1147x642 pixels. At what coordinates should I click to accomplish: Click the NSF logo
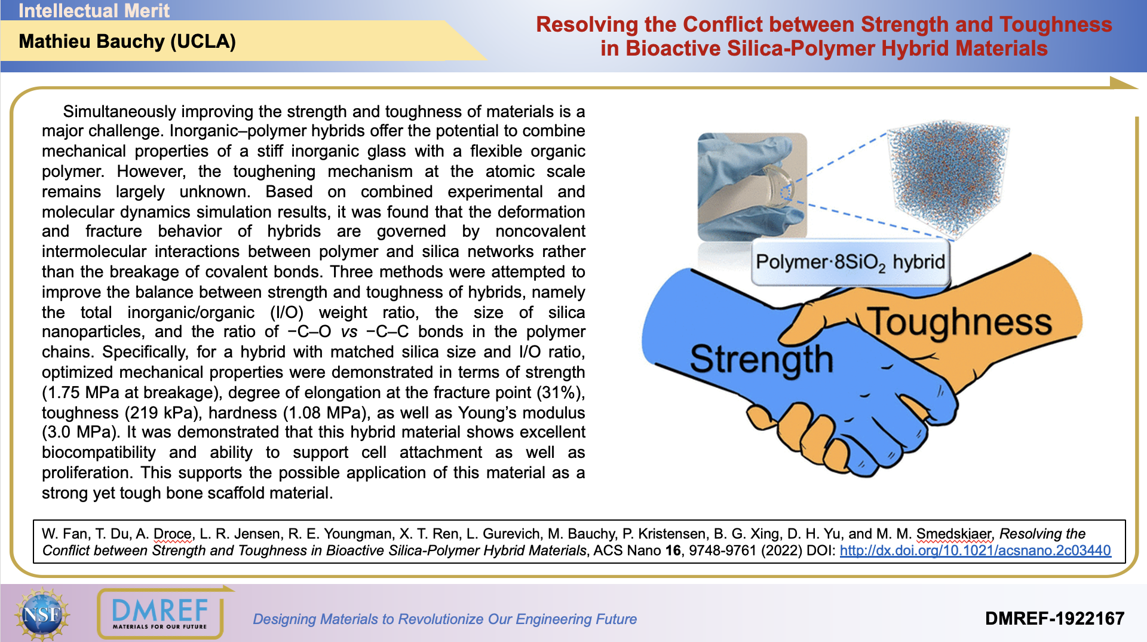pyautogui.click(x=42, y=613)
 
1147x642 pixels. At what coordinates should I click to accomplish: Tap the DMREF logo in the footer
pyautogui.click(x=160, y=614)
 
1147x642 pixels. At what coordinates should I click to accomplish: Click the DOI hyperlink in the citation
pyautogui.click(x=975, y=551)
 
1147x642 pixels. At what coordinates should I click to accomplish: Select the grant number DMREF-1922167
pyautogui.click(x=1054, y=619)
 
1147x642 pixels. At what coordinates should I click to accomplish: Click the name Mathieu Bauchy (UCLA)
pyautogui.click(x=127, y=42)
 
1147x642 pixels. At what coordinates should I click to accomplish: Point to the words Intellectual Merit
pyautogui.click(x=94, y=11)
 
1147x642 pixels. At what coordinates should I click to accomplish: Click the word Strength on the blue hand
pyautogui.click(x=761, y=360)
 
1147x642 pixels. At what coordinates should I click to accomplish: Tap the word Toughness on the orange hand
pyautogui.click(x=959, y=322)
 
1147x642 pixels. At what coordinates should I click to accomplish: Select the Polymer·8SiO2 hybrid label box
pyautogui.click(x=850, y=262)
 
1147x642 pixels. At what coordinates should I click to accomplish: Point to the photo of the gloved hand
pyautogui.click(x=752, y=187)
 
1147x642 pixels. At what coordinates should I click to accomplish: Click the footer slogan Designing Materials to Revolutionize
pyautogui.click(x=444, y=619)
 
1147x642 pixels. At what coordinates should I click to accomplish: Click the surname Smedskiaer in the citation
pyautogui.click(x=953, y=534)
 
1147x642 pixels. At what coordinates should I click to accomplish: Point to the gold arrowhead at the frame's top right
pyautogui.click(x=1123, y=82)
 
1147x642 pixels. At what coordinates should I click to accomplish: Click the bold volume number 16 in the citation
pyautogui.click(x=673, y=551)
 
